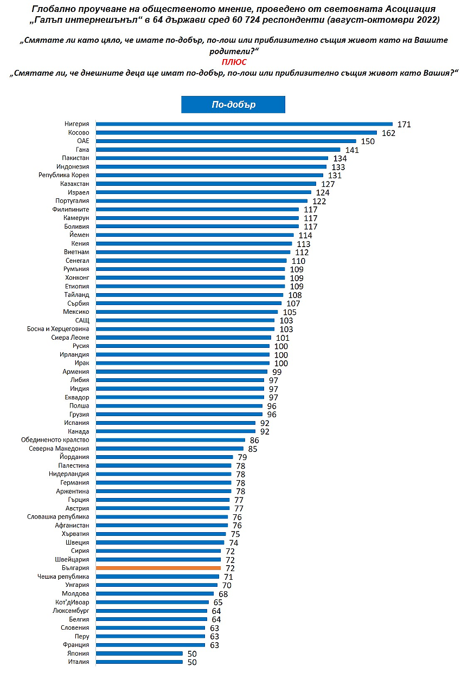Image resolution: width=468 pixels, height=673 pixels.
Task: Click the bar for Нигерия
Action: [x=244, y=124]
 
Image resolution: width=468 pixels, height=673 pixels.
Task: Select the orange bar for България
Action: [x=158, y=568]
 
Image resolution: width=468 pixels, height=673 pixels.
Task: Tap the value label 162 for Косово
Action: [x=388, y=133]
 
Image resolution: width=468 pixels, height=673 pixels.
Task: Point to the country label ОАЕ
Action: [x=83, y=141]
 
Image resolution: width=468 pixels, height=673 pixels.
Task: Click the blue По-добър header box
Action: [x=233, y=105]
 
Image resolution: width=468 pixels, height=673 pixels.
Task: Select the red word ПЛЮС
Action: [x=234, y=62]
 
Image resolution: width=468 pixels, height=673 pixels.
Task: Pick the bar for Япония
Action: [x=139, y=653]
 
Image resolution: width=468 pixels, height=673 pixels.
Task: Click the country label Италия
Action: [x=80, y=662]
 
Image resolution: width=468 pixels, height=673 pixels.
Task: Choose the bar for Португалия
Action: [x=202, y=200]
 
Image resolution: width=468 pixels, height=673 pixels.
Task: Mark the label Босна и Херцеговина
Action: [x=59, y=329]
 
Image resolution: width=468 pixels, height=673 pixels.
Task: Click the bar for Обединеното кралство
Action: [x=170, y=440]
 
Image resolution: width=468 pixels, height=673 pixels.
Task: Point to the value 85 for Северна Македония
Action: [x=252, y=449]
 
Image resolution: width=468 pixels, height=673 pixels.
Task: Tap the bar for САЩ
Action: [x=185, y=320]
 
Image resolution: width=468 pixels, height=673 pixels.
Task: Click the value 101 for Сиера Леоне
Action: [x=282, y=338]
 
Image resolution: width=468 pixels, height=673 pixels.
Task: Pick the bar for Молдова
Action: [x=155, y=593]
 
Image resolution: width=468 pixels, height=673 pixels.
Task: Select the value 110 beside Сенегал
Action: [x=298, y=261]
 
